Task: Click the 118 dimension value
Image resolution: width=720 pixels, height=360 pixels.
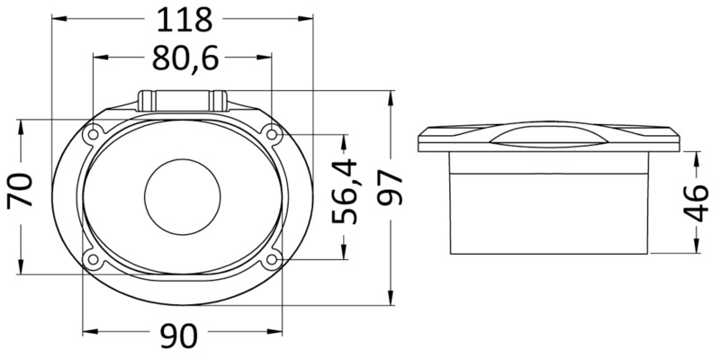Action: [x=184, y=20]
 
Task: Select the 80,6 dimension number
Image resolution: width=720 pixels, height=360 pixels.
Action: [x=185, y=58]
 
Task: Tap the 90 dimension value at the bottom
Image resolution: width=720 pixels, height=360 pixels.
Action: [x=179, y=336]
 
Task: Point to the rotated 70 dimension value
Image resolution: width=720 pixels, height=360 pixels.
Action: [x=20, y=190]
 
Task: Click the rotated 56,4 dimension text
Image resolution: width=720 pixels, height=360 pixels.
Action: [x=345, y=191]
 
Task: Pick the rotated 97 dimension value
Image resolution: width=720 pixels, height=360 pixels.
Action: [x=390, y=187]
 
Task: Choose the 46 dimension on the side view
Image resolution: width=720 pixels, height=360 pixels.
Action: [x=696, y=202]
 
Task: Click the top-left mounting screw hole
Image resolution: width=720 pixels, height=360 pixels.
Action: [x=94, y=134]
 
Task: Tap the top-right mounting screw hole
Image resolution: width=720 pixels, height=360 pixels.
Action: [x=272, y=134]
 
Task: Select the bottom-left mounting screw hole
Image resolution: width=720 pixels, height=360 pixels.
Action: [x=94, y=259]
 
